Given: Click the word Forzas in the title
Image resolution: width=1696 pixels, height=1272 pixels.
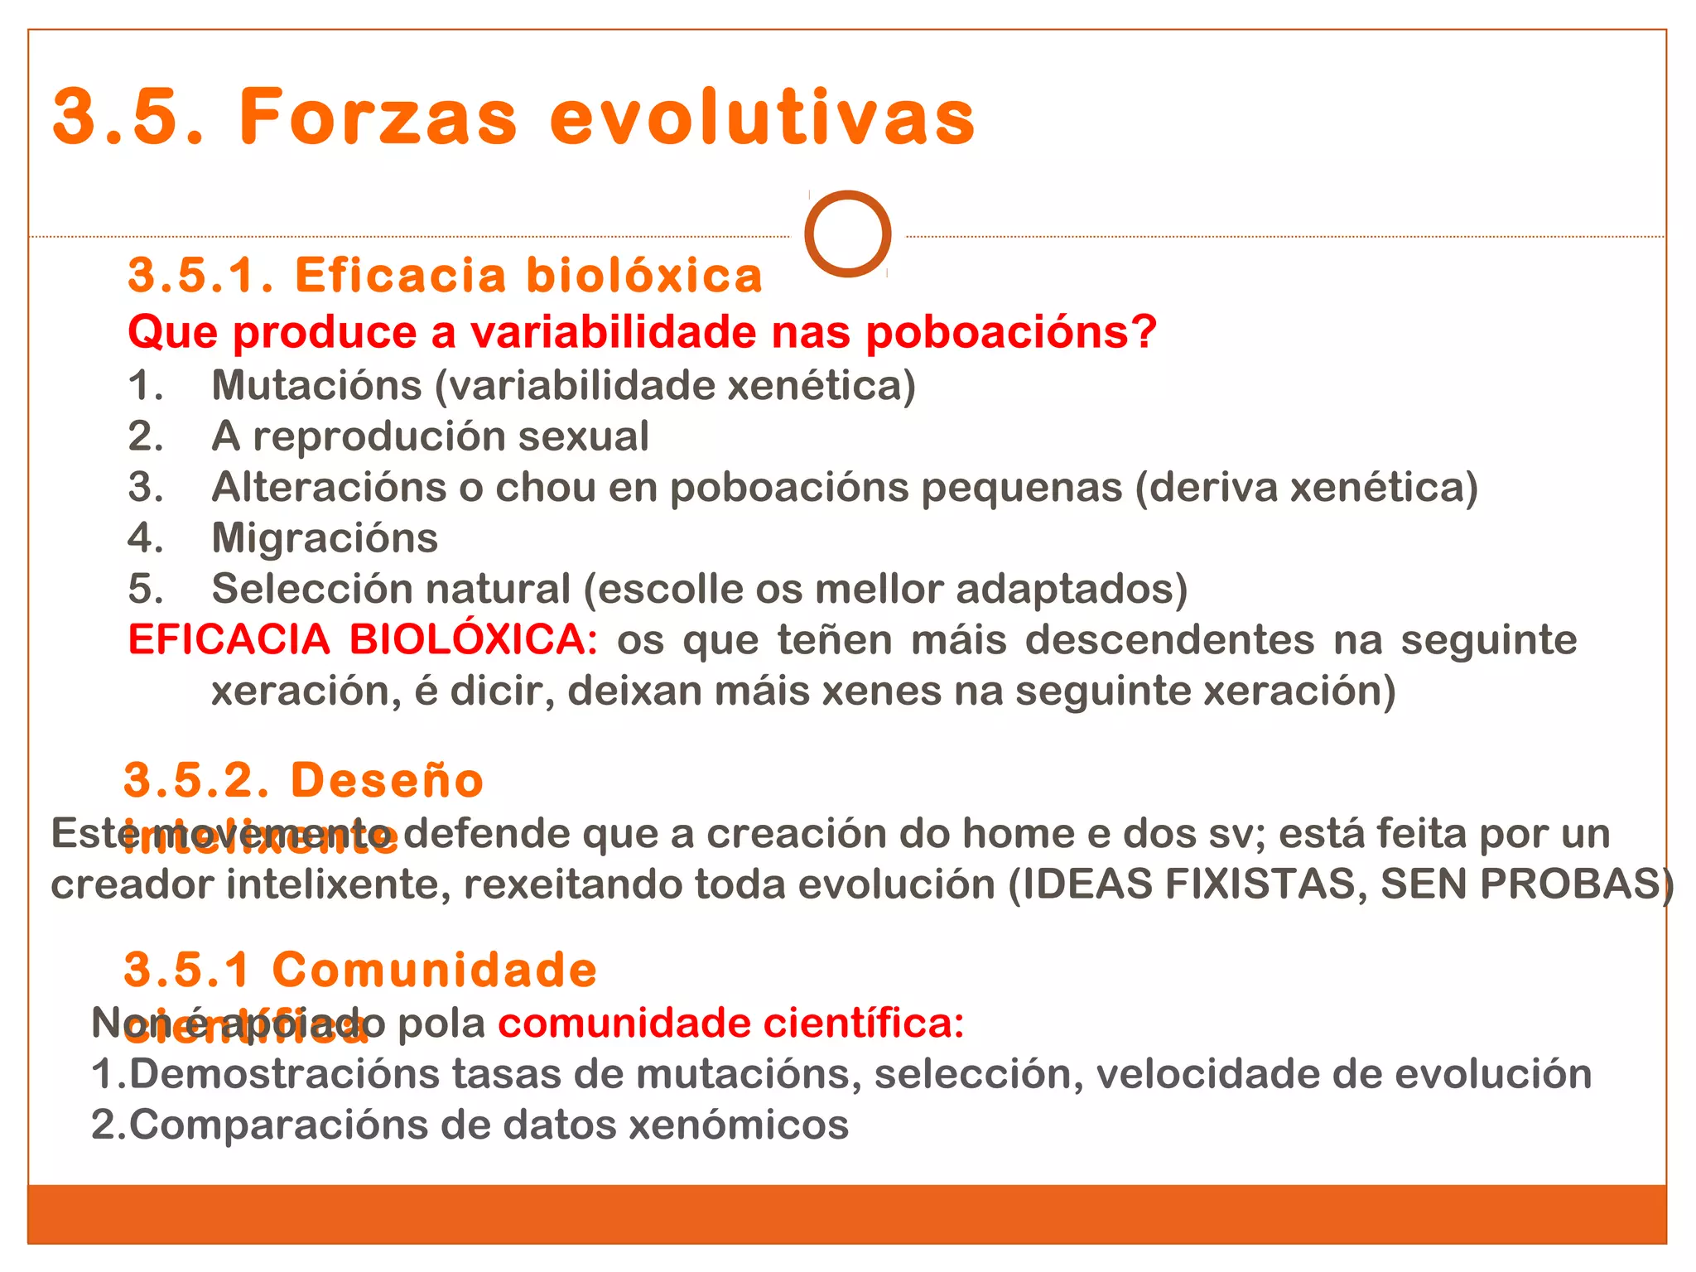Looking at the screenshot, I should (x=378, y=118).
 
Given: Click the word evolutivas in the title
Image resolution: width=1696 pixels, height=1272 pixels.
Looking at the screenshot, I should (x=762, y=118).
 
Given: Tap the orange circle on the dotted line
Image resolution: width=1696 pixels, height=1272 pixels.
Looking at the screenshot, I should (x=847, y=234).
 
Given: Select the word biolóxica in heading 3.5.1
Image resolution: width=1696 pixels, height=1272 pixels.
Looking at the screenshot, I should (x=644, y=276).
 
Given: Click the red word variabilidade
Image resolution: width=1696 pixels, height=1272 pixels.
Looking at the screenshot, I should (x=614, y=333).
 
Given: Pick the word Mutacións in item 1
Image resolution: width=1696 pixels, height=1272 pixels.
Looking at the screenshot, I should (x=316, y=386).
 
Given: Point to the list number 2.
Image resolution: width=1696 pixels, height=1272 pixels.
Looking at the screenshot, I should (x=145, y=436).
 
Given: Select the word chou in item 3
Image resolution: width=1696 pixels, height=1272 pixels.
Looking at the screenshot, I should (x=545, y=488).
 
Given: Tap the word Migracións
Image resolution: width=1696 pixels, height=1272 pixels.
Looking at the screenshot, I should (x=325, y=538).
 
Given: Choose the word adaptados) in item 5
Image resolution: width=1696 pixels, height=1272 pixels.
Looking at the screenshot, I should (x=1072, y=589).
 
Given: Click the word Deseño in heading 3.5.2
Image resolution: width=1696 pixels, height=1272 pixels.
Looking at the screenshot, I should (x=387, y=781).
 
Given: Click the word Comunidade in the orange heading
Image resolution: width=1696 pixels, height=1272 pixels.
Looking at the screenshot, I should (x=434, y=971).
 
